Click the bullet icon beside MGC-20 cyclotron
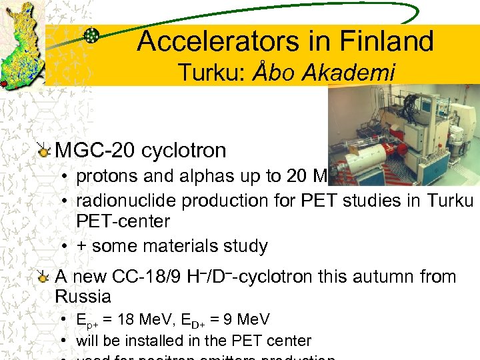[44, 151]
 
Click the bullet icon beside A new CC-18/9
[44, 277]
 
